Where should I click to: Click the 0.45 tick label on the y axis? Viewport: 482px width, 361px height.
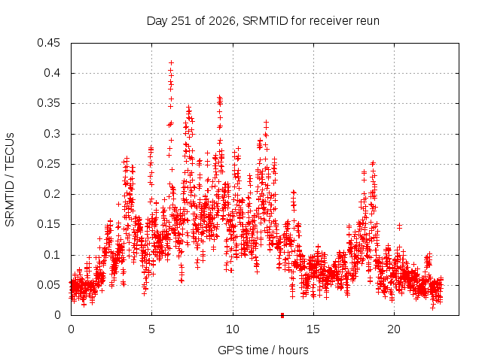coord(48,43)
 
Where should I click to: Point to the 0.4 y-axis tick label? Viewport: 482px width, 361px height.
coord(52,73)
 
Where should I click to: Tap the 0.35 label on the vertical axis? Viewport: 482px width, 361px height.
coord(48,103)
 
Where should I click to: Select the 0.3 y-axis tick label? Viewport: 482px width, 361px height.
coord(52,134)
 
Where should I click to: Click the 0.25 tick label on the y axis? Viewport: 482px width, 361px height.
coord(48,164)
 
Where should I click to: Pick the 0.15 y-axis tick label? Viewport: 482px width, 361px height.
coord(48,224)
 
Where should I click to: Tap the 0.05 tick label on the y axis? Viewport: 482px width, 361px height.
coord(48,285)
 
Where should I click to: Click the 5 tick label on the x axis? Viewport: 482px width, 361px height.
coord(152,329)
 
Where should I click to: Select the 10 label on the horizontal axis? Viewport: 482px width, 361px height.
coord(233,329)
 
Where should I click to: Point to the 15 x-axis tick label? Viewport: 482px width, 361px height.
coord(313,329)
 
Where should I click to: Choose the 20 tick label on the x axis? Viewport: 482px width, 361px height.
coord(394,329)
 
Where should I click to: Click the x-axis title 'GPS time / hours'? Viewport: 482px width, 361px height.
coord(263,350)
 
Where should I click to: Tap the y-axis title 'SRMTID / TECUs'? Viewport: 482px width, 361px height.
coord(10,180)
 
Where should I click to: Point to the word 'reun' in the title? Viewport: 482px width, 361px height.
coord(368,21)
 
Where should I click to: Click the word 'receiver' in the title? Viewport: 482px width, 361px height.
coord(331,21)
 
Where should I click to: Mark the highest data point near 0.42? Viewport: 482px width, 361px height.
coord(171,62)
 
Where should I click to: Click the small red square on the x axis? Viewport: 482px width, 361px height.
coord(282,315)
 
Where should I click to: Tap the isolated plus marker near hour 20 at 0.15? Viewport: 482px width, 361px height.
coord(399,227)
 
